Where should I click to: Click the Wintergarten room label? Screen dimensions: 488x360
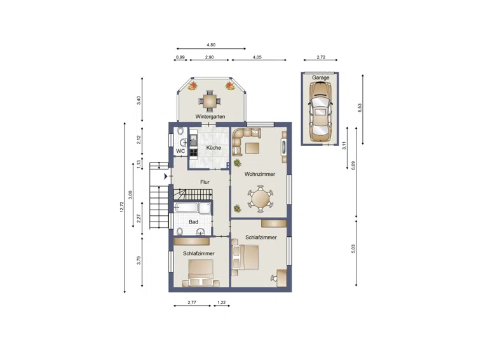(210, 117)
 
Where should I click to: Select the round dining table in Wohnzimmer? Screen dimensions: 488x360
(261, 199)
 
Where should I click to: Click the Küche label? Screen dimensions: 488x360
(213, 148)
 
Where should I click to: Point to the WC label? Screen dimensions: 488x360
(180, 151)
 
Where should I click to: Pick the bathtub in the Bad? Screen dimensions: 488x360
(186, 208)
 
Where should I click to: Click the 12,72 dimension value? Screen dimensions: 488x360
(122, 207)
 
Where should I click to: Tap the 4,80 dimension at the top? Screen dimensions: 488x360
(211, 45)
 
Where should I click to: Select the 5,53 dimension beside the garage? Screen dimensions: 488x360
(360, 107)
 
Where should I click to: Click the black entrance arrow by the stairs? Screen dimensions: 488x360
(166, 177)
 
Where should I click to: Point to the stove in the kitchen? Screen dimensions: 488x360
(194, 152)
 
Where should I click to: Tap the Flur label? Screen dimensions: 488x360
(205, 182)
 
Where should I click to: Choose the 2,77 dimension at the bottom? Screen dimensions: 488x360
(192, 302)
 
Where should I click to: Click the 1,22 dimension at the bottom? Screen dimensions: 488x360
(222, 302)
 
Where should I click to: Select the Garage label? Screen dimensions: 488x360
(320, 77)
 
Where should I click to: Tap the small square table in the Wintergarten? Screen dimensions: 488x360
(209, 101)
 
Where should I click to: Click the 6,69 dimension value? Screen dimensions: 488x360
(353, 165)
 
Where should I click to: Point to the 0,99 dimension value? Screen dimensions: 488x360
(180, 57)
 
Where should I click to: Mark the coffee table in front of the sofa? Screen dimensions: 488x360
(252, 148)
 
